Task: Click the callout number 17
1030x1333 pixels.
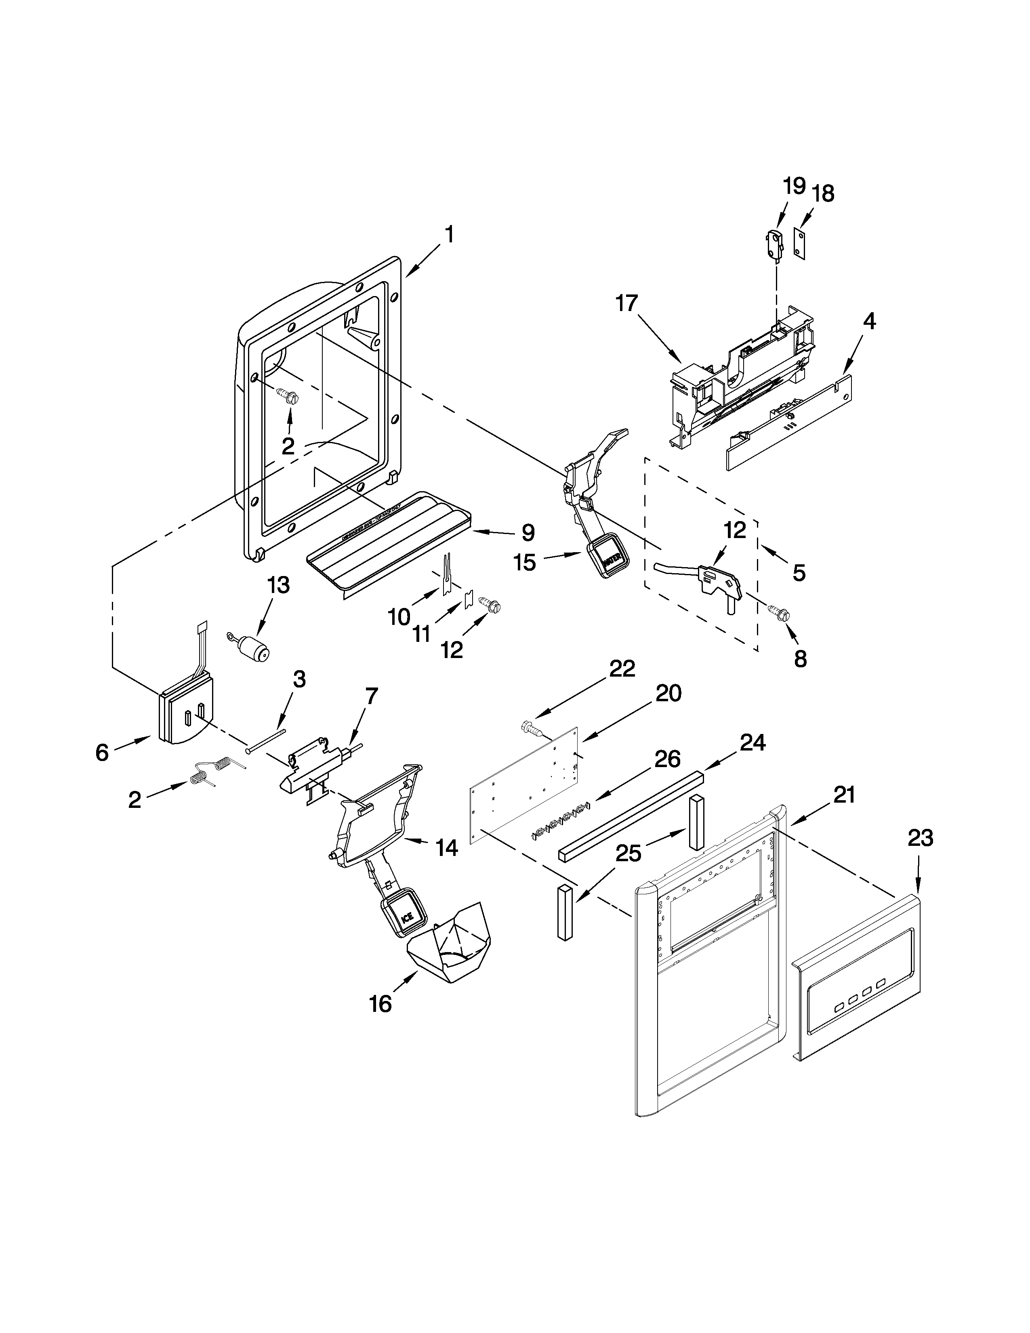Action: tap(626, 303)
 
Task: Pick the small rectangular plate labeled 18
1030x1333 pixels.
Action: tap(799, 244)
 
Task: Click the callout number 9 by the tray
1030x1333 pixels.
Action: tap(527, 533)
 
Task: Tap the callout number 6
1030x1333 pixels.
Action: tap(102, 753)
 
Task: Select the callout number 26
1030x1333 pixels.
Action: tap(668, 759)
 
